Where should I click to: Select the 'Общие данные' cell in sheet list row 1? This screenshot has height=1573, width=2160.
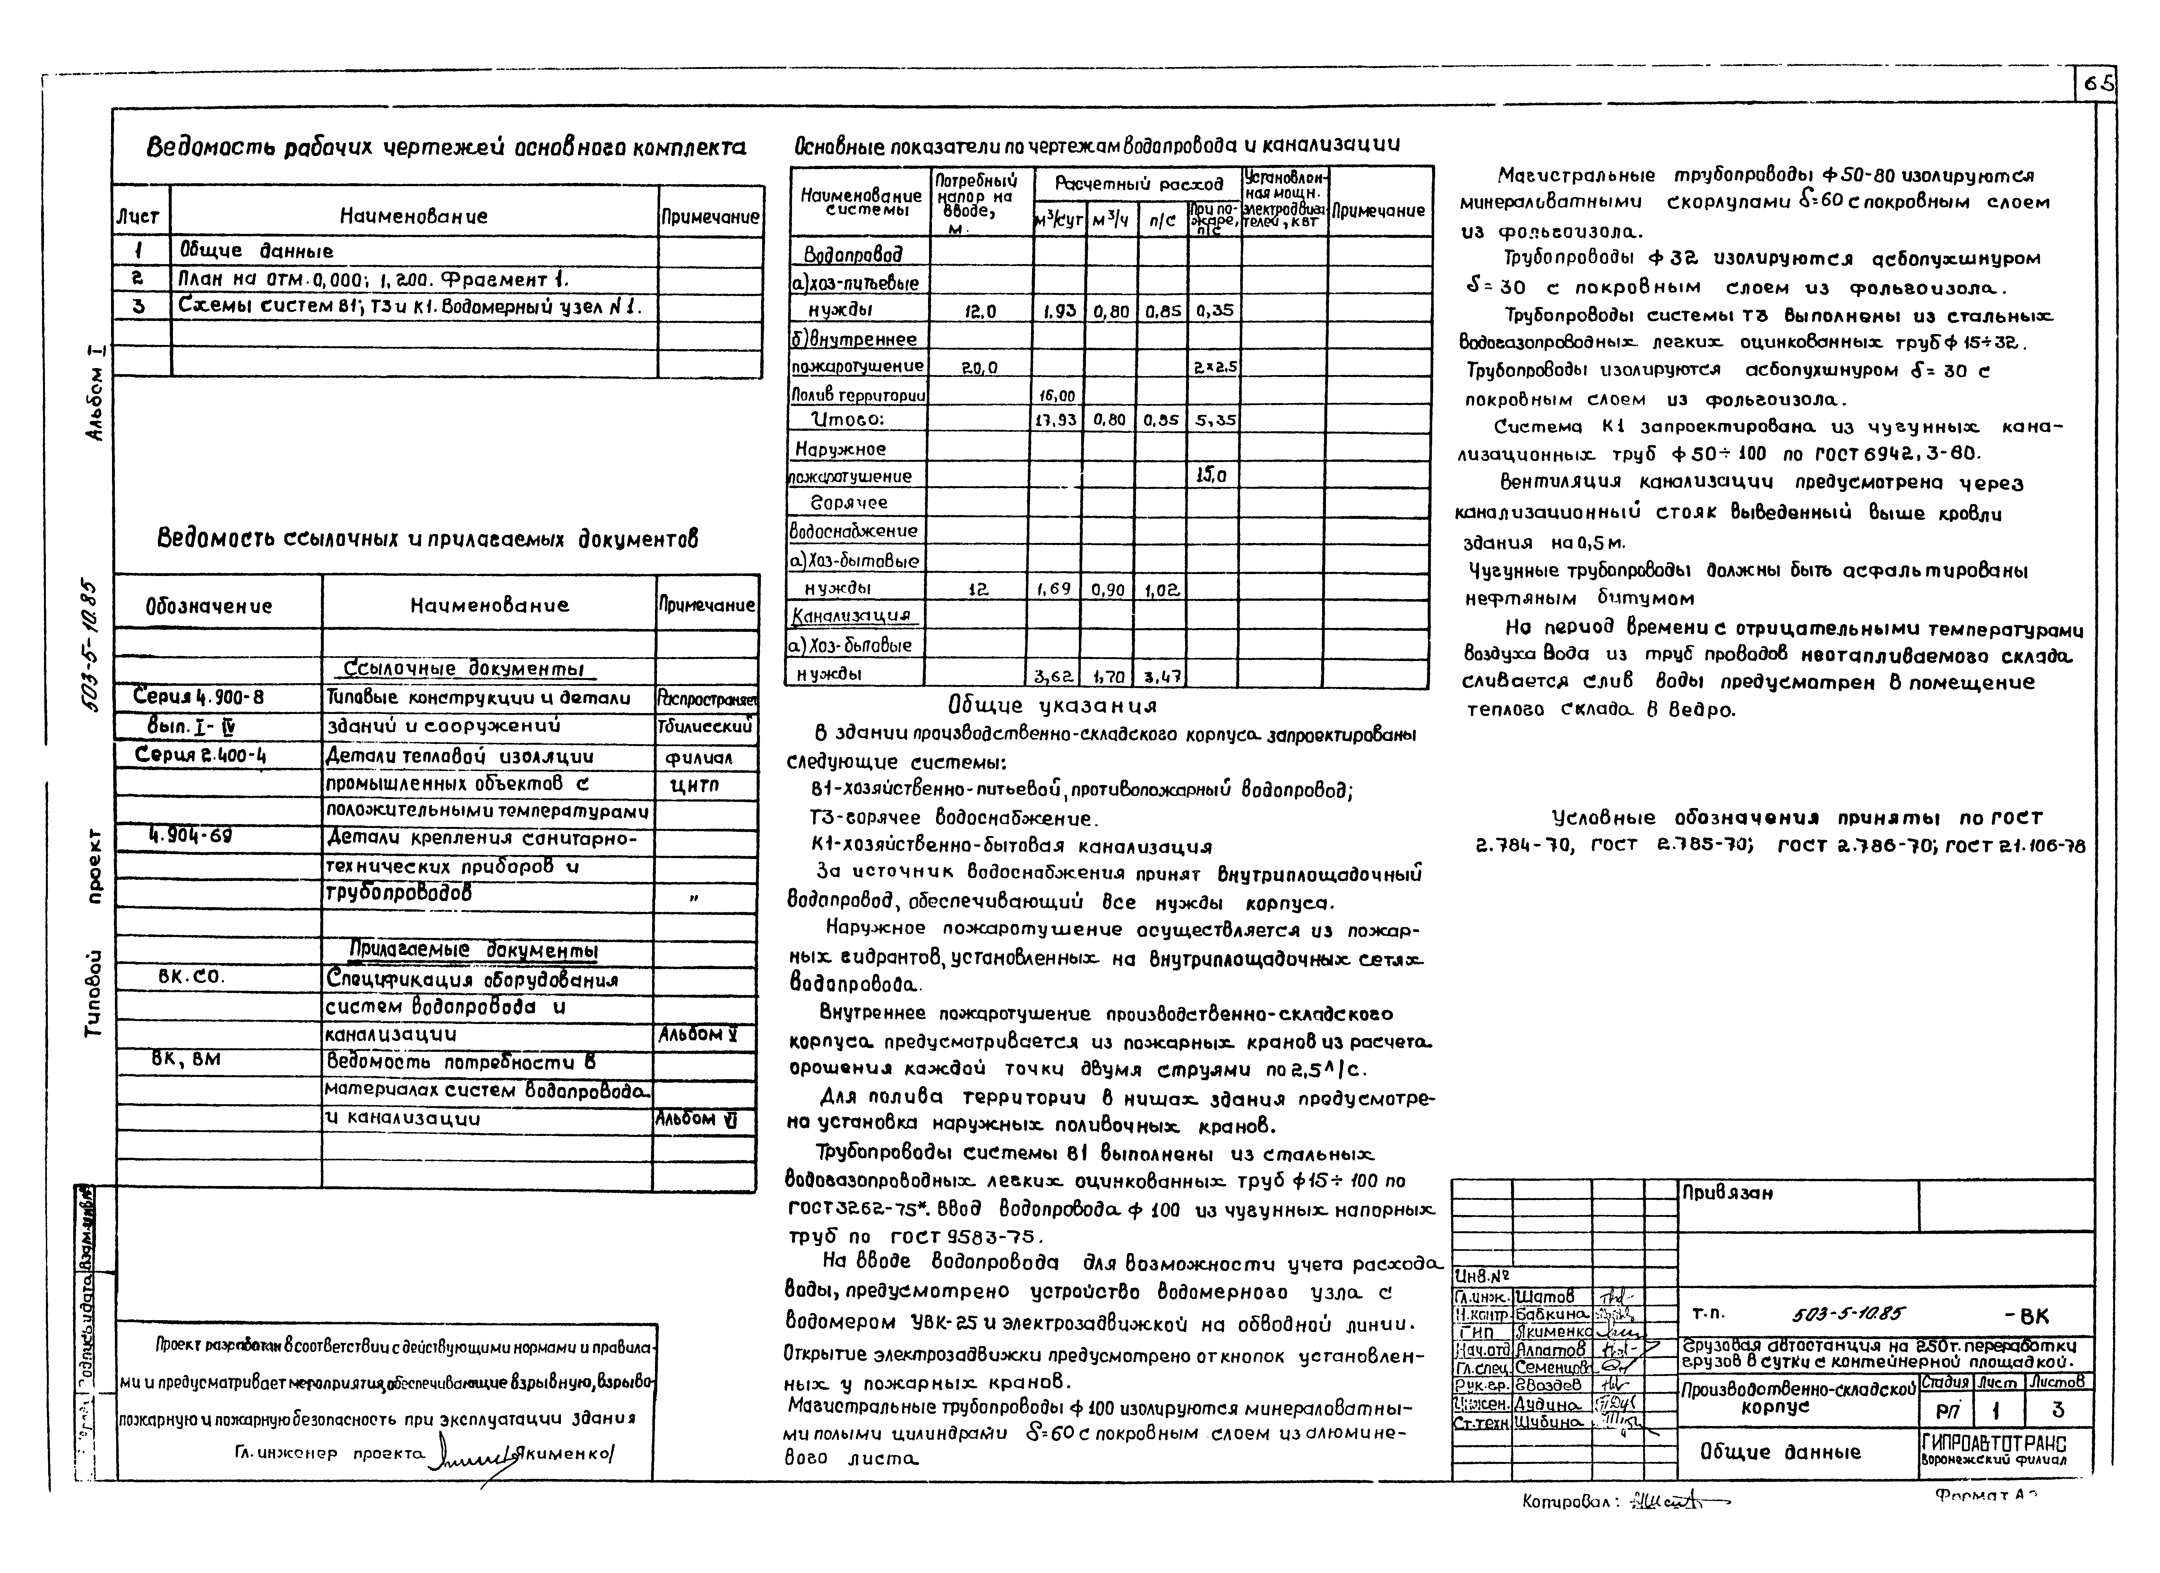tap(255, 251)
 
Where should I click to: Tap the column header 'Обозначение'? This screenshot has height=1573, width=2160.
tap(209, 606)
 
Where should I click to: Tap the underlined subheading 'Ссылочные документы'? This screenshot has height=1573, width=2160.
tap(464, 668)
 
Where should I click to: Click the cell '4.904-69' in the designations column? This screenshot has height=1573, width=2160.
tap(191, 836)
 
